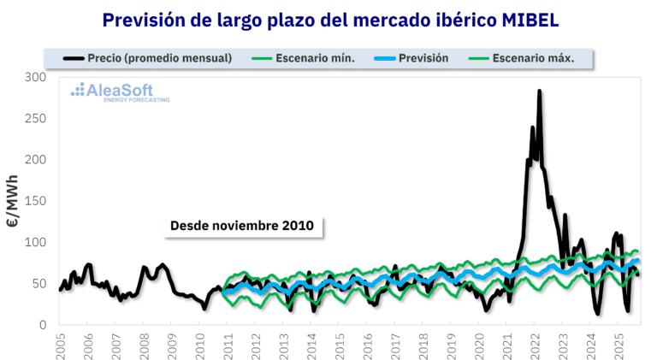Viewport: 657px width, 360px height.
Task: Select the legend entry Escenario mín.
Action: tap(316, 58)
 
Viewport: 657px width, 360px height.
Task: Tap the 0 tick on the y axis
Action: tap(43, 325)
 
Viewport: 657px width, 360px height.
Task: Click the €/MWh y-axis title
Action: tap(13, 201)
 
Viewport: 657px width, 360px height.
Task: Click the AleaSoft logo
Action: tap(120, 91)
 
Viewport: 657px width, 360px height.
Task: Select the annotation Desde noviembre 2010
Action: tap(242, 226)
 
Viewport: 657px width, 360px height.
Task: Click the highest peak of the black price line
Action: tap(539, 91)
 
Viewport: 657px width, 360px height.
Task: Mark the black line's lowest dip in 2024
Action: tap(598, 314)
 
